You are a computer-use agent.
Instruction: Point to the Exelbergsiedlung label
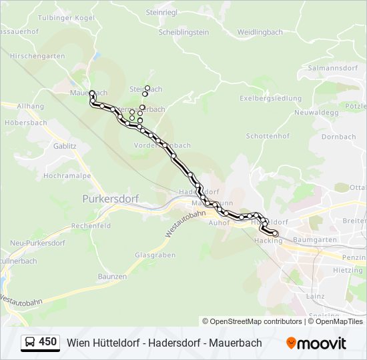pyautogui.click(x=271, y=99)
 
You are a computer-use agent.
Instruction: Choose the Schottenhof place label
pyautogui.click(x=267, y=135)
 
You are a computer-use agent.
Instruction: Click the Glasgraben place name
pyautogui.click(x=155, y=255)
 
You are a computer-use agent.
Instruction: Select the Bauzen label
pyautogui.click(x=111, y=276)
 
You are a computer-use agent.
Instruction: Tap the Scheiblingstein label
pyautogui.click(x=183, y=32)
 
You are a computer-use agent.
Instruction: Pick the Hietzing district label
pyautogui.click(x=348, y=271)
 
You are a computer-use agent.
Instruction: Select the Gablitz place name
pyautogui.click(x=65, y=145)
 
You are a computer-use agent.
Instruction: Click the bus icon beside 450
pyautogui.click(x=30, y=343)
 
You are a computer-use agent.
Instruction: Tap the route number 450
pyautogui.click(x=48, y=342)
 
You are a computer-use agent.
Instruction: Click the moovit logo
pyautogui.click(x=316, y=343)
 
